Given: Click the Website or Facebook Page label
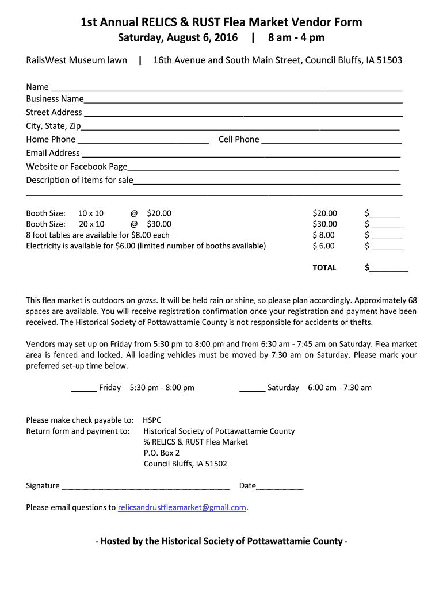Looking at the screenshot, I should (x=77, y=166).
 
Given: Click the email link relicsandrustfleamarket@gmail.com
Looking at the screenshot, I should (x=182, y=507).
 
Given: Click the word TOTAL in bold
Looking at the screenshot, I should (x=324, y=267).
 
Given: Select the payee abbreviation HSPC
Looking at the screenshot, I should (x=152, y=420).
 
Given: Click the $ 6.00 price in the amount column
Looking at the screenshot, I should (x=323, y=246).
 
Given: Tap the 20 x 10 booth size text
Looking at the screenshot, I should (x=91, y=224).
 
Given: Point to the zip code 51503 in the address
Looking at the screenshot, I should (x=389, y=60).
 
